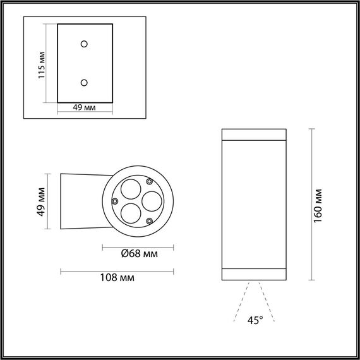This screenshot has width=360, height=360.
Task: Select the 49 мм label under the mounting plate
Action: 84,108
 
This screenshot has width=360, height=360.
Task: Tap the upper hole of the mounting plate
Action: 84,44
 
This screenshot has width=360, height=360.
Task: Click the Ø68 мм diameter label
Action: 138,255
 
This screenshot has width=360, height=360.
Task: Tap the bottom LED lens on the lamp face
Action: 131,212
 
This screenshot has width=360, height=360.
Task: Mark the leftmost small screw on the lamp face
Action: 114,201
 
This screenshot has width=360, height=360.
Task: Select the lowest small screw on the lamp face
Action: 149,220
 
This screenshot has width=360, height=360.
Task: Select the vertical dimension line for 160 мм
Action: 312,205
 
